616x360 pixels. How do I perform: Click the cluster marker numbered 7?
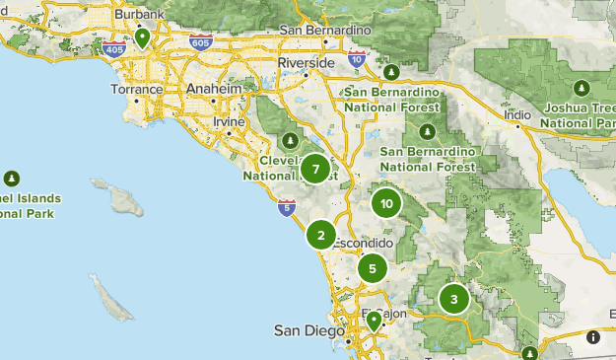315,170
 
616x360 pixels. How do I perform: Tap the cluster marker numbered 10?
385,204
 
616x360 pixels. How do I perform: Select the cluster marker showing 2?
320,236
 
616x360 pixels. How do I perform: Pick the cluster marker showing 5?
372,267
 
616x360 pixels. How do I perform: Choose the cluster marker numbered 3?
453,299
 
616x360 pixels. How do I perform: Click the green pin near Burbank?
143,37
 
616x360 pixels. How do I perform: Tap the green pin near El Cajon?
374,321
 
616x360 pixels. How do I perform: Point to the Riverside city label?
308,62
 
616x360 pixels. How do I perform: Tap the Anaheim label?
214,89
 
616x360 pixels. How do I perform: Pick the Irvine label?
229,121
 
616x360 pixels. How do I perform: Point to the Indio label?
517,114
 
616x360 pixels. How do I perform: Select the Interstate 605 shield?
200,42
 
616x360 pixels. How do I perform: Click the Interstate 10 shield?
357,60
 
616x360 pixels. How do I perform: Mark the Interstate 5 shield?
286,207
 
